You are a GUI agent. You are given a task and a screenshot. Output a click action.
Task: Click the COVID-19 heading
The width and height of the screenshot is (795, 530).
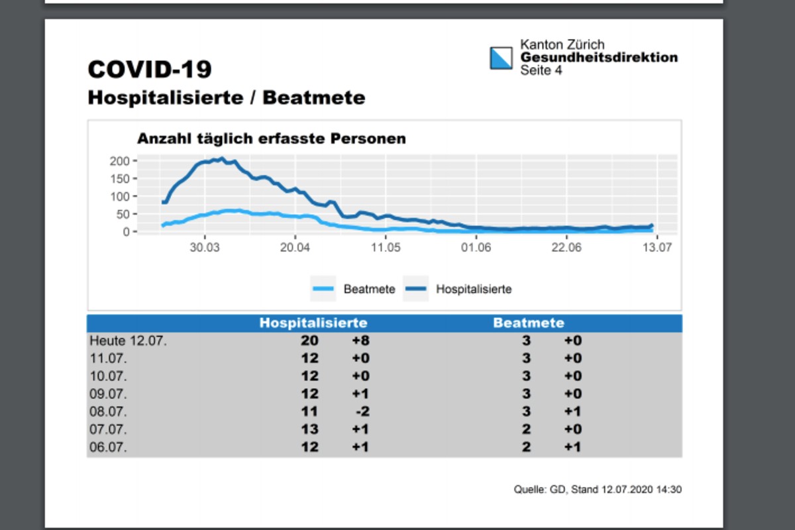tap(150, 70)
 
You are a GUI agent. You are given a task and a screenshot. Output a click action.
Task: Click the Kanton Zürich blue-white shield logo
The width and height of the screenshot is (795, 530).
tap(502, 58)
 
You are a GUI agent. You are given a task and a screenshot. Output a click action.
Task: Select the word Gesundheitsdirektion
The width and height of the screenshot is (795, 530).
tap(599, 58)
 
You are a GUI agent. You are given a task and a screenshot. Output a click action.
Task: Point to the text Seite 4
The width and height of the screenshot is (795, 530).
tap(541, 70)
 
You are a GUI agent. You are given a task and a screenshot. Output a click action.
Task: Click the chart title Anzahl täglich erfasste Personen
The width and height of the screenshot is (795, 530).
tap(271, 139)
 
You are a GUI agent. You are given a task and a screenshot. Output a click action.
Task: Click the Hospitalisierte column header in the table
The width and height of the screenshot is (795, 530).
tap(313, 323)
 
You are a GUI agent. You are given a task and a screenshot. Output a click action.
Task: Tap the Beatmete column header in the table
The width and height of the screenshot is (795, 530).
tap(529, 323)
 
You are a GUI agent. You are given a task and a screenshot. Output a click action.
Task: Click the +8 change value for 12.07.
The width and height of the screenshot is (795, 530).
tap(360, 341)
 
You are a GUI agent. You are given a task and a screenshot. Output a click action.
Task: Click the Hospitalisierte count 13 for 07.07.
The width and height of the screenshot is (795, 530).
tap(309, 429)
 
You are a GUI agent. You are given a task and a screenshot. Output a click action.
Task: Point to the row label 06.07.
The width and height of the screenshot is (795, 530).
tap(108, 447)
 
